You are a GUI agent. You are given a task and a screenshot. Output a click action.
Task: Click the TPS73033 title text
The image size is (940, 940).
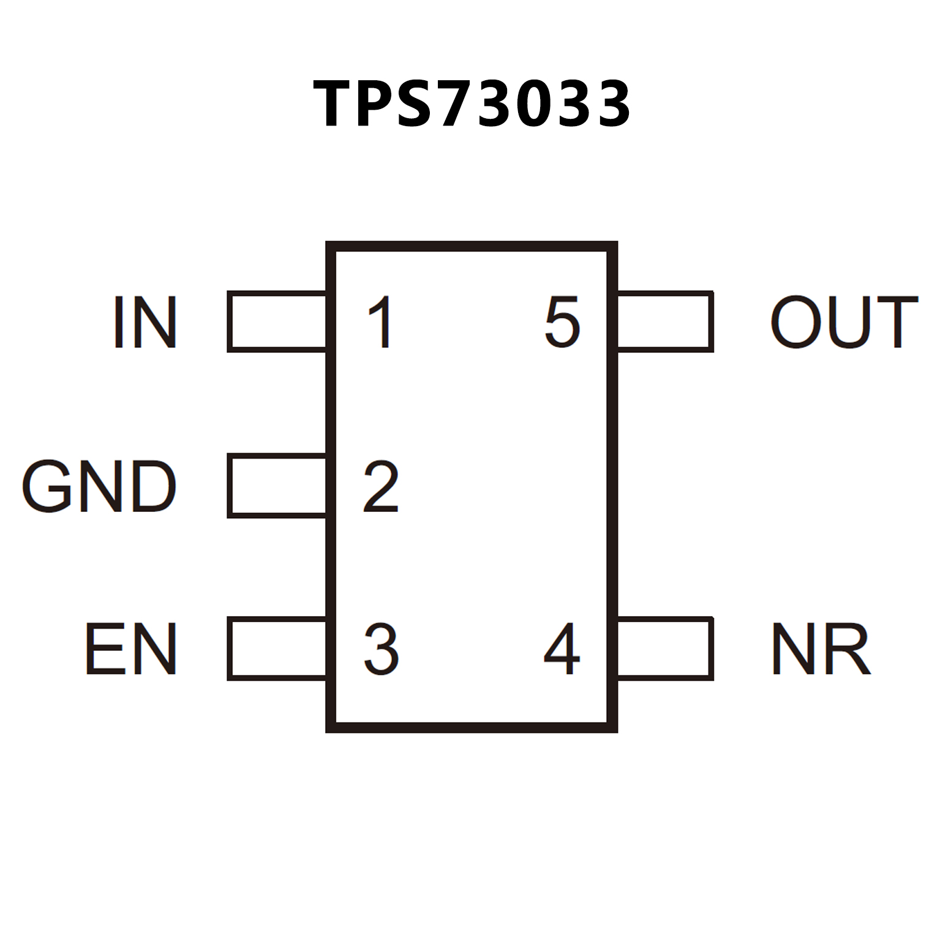[x=471, y=104]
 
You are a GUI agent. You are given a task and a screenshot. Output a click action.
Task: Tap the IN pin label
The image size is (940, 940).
[x=145, y=322]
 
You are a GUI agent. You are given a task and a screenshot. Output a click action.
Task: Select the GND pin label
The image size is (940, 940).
[x=99, y=486]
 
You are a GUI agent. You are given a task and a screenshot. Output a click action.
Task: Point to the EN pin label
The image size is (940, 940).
[x=131, y=649]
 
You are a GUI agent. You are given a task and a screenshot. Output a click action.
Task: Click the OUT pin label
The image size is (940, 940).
[x=844, y=322]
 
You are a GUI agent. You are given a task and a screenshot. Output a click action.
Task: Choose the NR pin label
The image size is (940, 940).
[x=821, y=649]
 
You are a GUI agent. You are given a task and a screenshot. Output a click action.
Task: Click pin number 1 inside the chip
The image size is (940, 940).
[x=381, y=322]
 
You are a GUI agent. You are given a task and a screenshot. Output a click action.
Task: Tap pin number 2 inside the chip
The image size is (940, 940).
[x=381, y=486]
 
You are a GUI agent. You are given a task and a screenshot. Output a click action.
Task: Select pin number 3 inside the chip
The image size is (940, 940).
[x=381, y=649]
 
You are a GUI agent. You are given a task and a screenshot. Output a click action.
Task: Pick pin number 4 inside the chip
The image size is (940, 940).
[x=562, y=649]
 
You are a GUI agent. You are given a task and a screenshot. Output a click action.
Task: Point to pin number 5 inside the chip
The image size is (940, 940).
[x=562, y=322]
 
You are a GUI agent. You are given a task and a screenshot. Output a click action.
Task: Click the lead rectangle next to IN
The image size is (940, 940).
[x=277, y=322]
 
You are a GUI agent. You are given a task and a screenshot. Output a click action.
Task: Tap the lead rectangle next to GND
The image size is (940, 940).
[x=277, y=486]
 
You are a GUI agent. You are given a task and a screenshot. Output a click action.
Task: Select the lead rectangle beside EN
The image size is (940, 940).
[x=277, y=649]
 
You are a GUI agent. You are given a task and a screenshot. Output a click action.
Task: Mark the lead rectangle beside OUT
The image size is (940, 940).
[x=665, y=322]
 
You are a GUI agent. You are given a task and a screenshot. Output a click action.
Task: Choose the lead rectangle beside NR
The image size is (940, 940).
[x=665, y=649]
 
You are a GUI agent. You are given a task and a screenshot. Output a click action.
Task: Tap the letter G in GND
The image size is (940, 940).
[x=46, y=486]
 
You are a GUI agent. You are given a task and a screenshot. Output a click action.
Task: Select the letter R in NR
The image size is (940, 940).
[x=849, y=649]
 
